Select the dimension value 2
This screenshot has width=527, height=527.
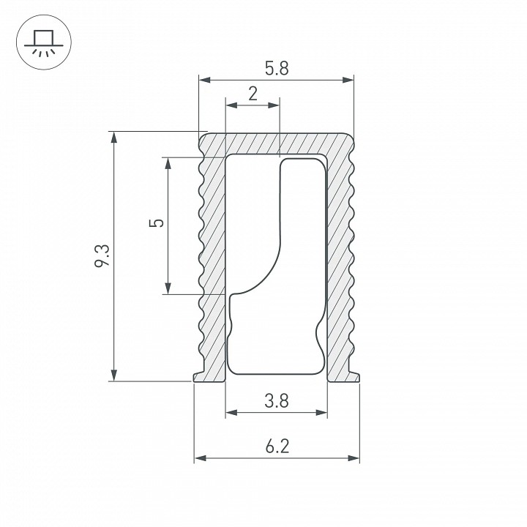[x=253, y=94]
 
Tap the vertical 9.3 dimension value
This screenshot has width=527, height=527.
[x=102, y=256]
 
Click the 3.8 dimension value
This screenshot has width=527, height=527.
[x=277, y=401]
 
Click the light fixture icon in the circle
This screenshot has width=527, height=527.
[x=42, y=42]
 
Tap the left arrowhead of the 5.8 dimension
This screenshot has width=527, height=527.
[x=204, y=79]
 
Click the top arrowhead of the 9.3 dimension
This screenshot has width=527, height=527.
[x=113, y=137]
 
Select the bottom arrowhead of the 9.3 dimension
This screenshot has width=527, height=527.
[x=113, y=375]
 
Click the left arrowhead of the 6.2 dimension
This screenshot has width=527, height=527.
[x=199, y=459]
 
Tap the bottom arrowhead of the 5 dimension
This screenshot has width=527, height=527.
[x=168, y=289]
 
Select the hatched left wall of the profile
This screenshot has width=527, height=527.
[x=212, y=256]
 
